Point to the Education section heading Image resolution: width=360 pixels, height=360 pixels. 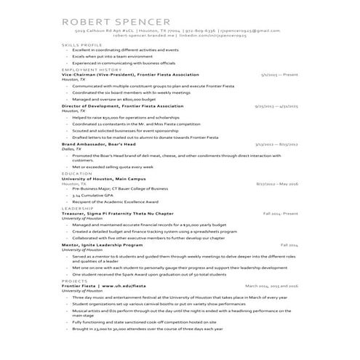pos(77,174)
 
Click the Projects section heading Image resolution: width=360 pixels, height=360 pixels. pos(75,280)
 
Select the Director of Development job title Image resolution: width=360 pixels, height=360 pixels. pos(123,106)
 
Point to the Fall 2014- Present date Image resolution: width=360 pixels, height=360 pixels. pos(280,214)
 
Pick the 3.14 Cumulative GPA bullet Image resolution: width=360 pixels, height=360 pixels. pos(97,196)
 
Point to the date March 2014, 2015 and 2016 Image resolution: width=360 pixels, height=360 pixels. pos(271,286)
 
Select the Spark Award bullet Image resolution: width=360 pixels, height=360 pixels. pos(156,273)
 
